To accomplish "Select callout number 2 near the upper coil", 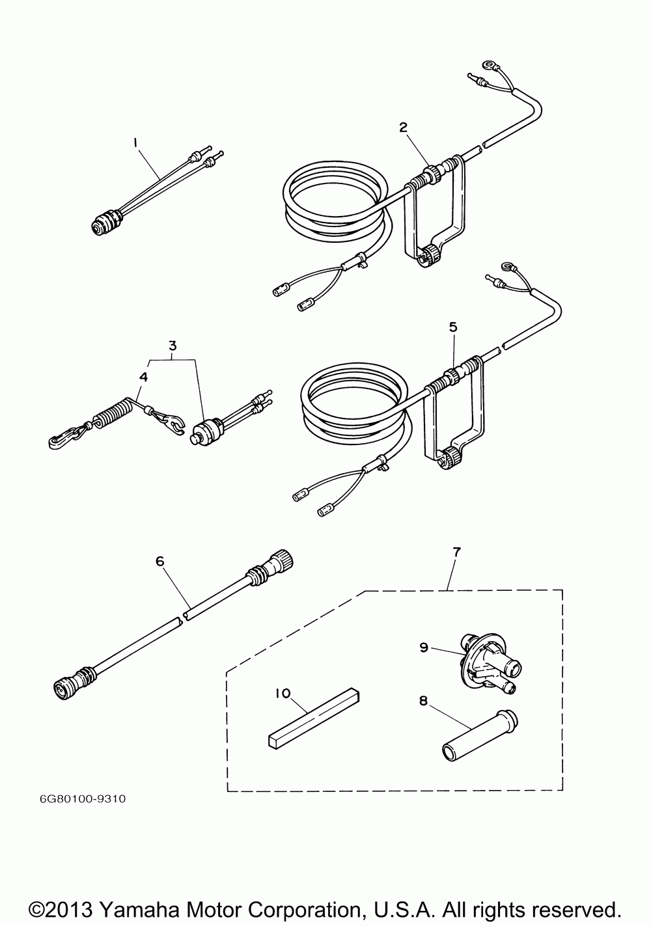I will (404, 128).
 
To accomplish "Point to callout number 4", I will (143, 377).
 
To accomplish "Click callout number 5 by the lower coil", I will (453, 329).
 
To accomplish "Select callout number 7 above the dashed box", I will (456, 552).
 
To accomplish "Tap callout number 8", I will (423, 701).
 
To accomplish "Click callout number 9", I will (423, 647).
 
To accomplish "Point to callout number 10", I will (282, 694).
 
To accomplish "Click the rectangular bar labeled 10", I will (313, 716).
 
